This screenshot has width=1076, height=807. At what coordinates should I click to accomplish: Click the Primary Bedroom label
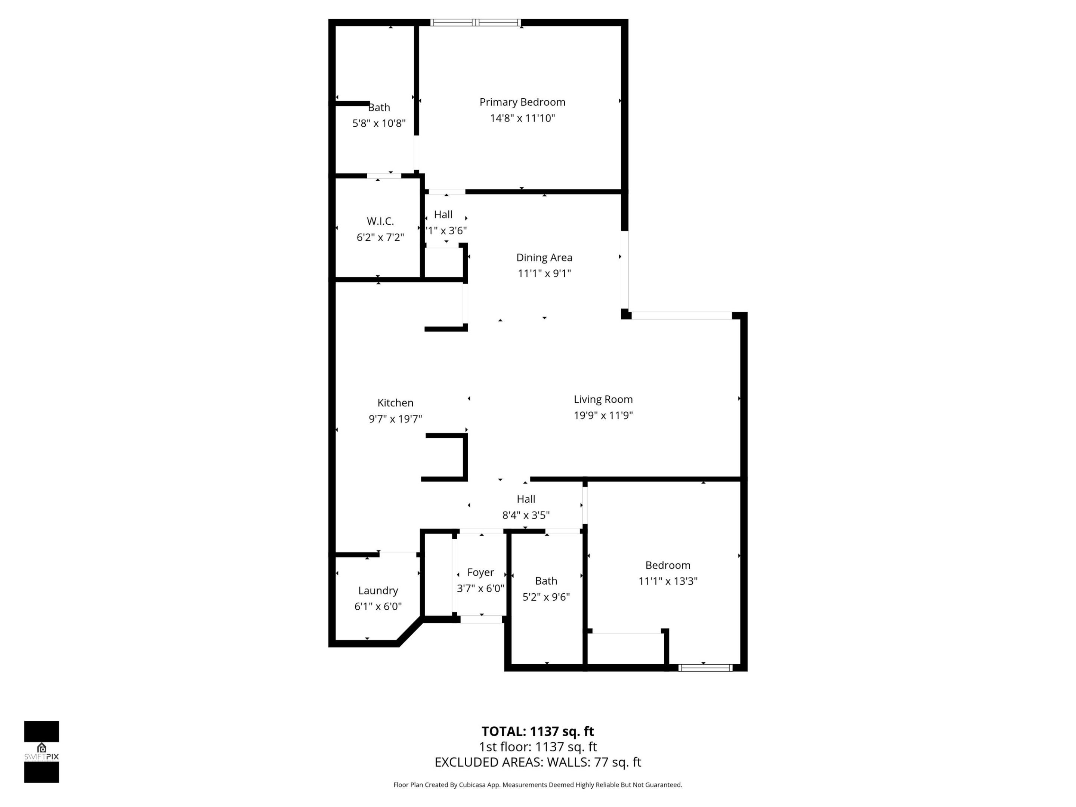(x=522, y=102)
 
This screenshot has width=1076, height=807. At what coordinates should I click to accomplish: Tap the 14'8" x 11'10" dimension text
(x=522, y=118)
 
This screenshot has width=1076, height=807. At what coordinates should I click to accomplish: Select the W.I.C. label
(x=380, y=221)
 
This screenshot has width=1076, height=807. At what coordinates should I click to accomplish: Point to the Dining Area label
(x=544, y=257)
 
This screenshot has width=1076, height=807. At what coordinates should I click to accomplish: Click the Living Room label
(x=603, y=399)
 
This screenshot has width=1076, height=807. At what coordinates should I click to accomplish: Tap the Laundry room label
(x=378, y=591)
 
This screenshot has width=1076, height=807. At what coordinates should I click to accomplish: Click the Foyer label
(x=480, y=572)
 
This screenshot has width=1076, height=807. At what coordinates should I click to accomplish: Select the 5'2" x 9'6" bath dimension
(x=546, y=597)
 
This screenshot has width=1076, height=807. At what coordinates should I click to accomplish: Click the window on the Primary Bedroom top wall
(x=475, y=22)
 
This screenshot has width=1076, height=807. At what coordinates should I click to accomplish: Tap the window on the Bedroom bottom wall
(x=705, y=668)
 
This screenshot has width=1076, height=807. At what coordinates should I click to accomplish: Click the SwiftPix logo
(x=41, y=752)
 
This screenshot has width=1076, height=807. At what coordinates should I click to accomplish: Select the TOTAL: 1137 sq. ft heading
(x=538, y=731)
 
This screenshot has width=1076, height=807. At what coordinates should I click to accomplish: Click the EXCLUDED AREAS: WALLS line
(x=538, y=762)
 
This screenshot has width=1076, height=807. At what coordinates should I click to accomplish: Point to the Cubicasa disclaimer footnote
(x=538, y=785)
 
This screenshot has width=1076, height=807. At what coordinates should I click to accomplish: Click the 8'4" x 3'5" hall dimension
(x=526, y=515)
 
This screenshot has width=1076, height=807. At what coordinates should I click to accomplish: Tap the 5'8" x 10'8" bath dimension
(x=378, y=123)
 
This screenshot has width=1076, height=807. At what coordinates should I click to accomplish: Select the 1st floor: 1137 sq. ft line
(x=538, y=747)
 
